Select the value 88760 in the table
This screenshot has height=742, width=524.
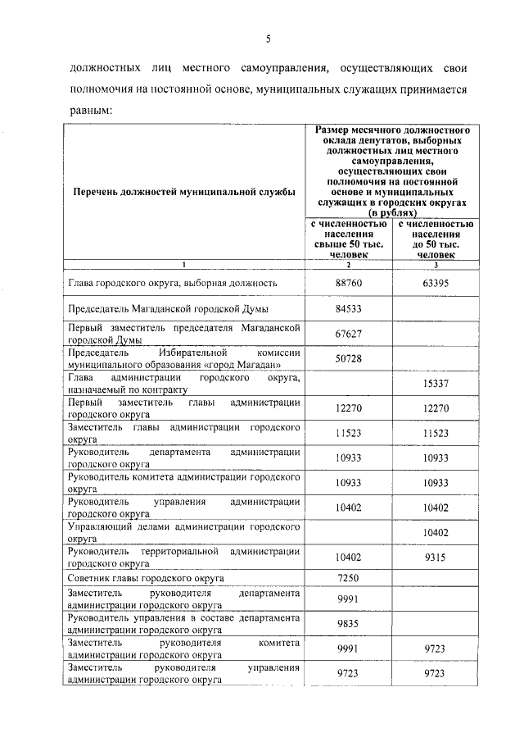coord(349,283)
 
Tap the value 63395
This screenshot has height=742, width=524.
coord(436,283)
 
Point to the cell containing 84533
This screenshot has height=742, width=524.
coord(349,309)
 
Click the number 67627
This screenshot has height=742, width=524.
coord(349,334)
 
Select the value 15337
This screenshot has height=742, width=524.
coord(436,383)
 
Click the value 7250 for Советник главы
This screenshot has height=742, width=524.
coord(349,579)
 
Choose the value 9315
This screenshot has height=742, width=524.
coord(436,558)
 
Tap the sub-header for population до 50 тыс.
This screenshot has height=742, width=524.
coord(436,239)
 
